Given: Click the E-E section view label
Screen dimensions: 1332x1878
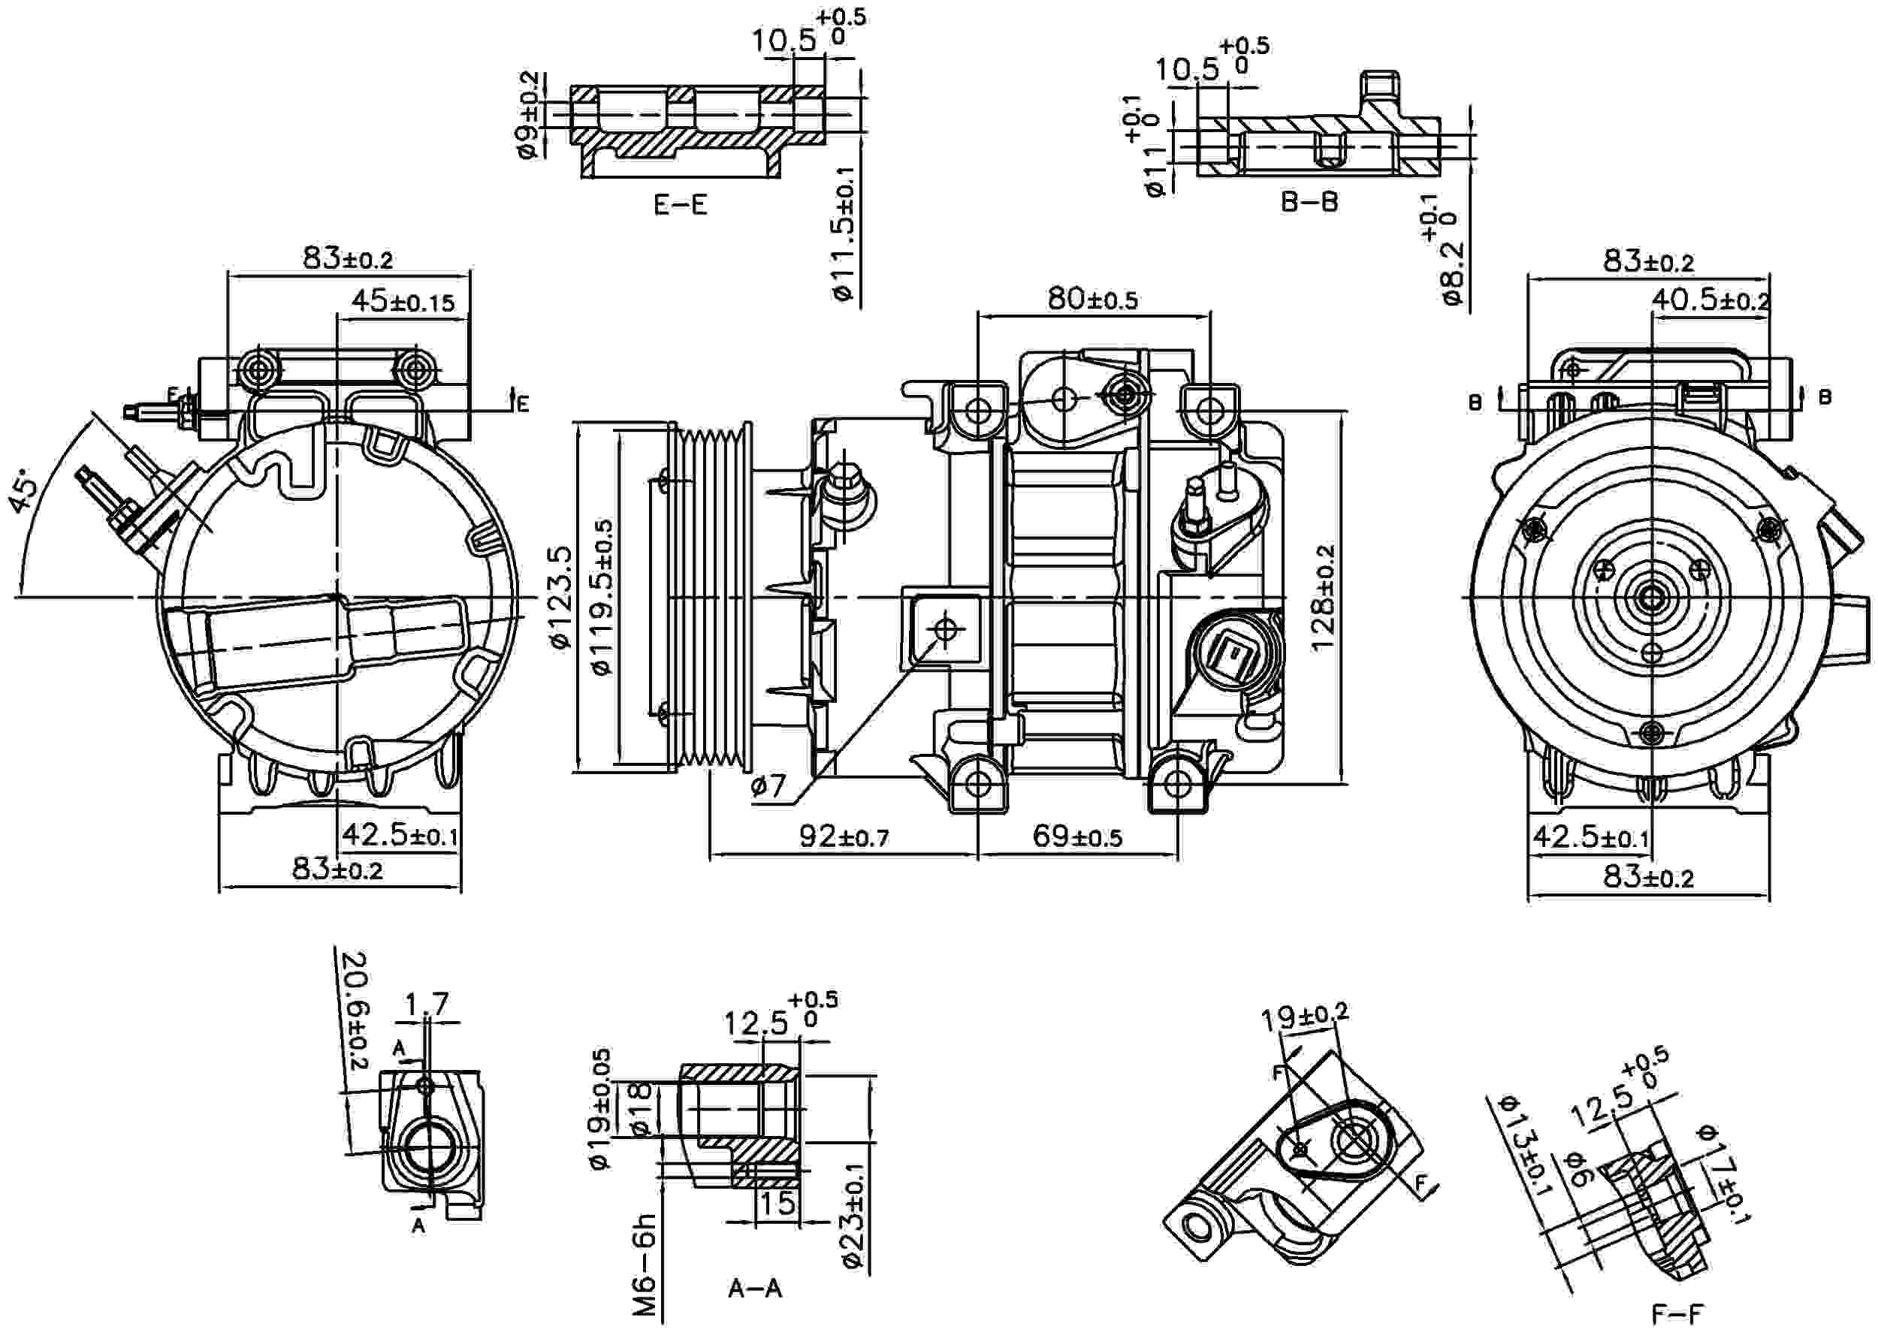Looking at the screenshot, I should [680, 205].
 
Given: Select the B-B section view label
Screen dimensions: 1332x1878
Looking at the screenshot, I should [1309, 203].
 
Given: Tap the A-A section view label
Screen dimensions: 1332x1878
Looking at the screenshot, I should [755, 1288].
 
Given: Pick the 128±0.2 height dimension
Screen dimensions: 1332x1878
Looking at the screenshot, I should [1323, 598].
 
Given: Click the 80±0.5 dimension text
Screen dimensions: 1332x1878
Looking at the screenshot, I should [1092, 300].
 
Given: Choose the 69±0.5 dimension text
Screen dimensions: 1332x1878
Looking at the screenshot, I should [1076, 836].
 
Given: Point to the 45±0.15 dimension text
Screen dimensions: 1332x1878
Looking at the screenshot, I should [402, 302].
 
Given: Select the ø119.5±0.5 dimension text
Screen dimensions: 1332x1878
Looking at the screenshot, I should [603, 597].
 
